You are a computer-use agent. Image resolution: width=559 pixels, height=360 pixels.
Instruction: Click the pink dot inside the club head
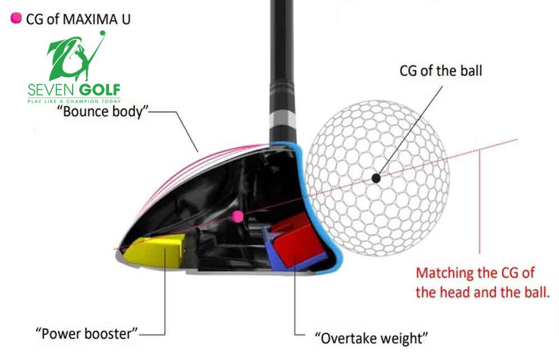(x=238, y=216)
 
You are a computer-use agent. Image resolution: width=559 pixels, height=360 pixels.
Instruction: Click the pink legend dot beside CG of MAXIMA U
(x=16, y=18)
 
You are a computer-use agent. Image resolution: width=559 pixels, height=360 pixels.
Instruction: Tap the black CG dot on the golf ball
(x=376, y=178)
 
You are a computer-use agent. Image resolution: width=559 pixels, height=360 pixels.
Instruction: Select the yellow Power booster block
(x=154, y=250)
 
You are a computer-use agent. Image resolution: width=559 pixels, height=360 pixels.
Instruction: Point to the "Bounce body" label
(x=104, y=112)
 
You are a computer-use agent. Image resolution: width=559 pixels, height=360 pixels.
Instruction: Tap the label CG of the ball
(x=440, y=71)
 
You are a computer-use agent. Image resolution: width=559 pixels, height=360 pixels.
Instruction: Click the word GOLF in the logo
(x=100, y=90)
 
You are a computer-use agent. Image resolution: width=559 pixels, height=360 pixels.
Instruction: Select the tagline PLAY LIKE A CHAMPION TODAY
(x=73, y=101)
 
